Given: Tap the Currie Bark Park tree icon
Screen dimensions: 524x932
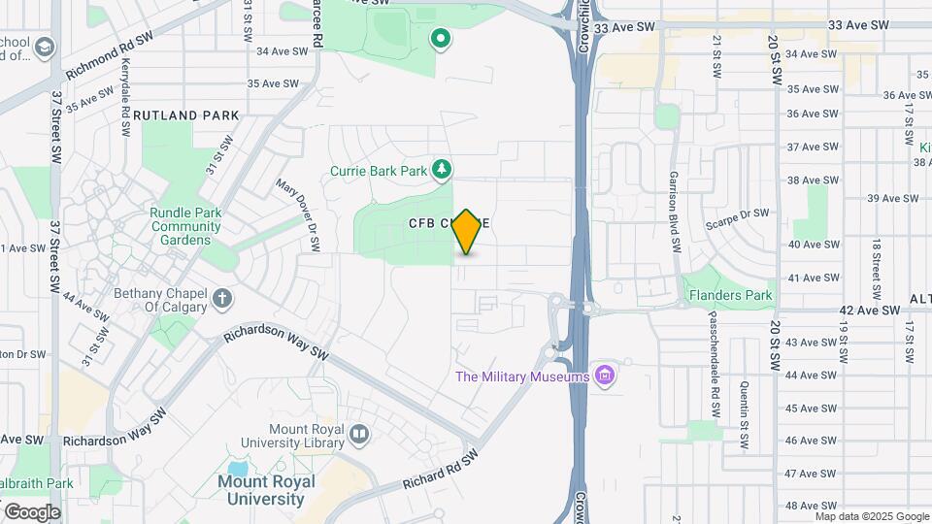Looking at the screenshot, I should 442,171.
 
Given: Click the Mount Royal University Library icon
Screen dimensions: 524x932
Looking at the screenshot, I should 359,434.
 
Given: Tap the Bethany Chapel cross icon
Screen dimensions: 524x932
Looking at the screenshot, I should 222,298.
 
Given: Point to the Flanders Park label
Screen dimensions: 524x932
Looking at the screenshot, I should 729,295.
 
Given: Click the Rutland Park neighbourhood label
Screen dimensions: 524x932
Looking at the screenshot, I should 186,115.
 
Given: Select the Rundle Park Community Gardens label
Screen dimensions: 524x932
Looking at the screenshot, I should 186,226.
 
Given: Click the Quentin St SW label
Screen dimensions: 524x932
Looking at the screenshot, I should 743,400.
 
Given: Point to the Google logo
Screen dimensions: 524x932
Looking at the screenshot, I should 31,511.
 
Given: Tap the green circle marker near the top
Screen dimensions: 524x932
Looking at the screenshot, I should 441,40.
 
